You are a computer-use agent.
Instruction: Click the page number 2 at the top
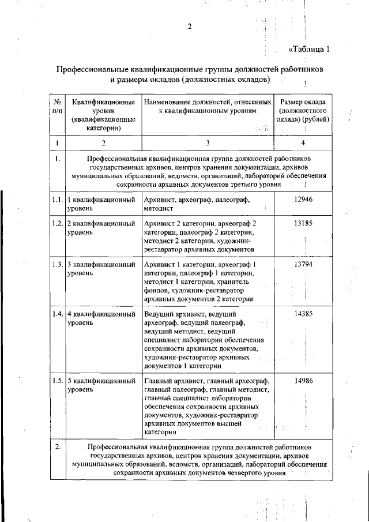189,26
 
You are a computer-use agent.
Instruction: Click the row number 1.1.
57,200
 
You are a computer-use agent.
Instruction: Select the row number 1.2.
57,223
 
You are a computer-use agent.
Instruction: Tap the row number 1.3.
57,265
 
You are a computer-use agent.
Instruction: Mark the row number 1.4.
57,314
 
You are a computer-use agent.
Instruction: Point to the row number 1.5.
57,381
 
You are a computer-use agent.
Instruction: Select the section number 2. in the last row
57,447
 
